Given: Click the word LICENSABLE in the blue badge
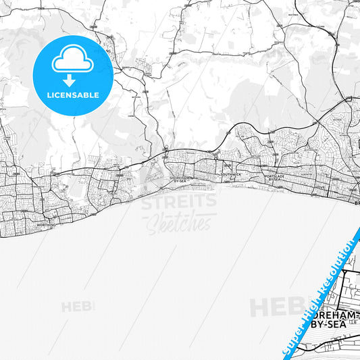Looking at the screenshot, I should tap(73, 95).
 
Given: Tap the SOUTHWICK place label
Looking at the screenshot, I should tap(230, 174).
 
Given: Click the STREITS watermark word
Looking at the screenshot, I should tap(179, 201).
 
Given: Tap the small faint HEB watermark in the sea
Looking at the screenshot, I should tap(78, 307).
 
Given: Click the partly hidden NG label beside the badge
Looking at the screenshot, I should tap(107, 49).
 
